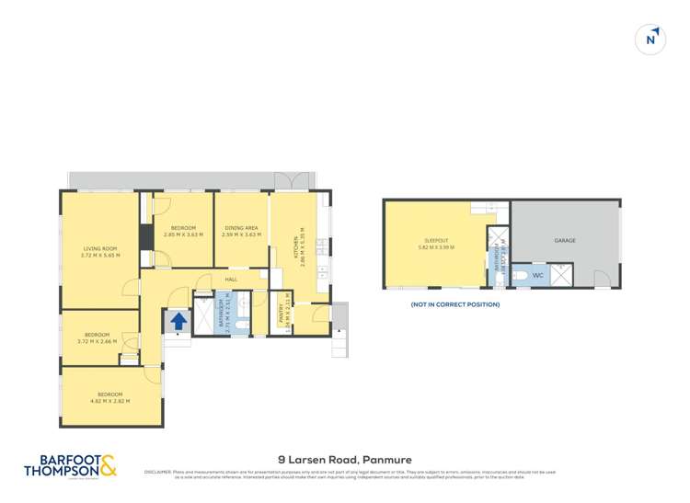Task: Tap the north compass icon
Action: (651, 40)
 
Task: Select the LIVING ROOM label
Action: (100, 249)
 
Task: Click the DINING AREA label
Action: (241, 229)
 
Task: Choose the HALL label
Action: (231, 279)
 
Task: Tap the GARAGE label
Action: (564, 241)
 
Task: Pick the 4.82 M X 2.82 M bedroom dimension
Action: (109, 402)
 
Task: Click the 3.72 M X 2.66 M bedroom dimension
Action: (97, 340)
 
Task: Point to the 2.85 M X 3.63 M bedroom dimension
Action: (183, 234)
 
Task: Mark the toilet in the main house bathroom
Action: (240, 324)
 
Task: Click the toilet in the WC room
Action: (519, 275)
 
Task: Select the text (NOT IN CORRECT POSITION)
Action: (454, 304)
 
